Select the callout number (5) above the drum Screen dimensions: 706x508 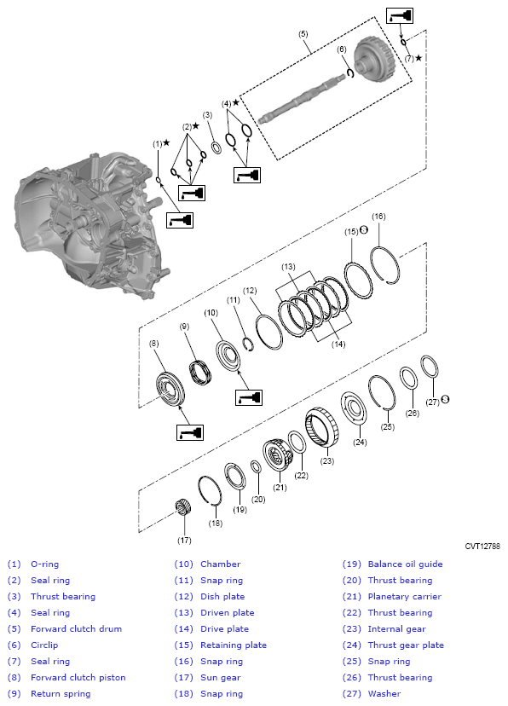(x=303, y=34)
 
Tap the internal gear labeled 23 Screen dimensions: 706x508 (x=319, y=425)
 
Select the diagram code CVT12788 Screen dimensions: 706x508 (x=483, y=546)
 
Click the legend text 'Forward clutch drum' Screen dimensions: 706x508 (x=78, y=628)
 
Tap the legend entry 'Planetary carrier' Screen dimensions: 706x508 (x=404, y=596)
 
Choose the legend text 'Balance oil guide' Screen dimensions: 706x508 (x=405, y=564)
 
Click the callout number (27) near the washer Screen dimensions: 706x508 (x=433, y=401)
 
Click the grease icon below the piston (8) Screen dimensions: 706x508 (x=189, y=432)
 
